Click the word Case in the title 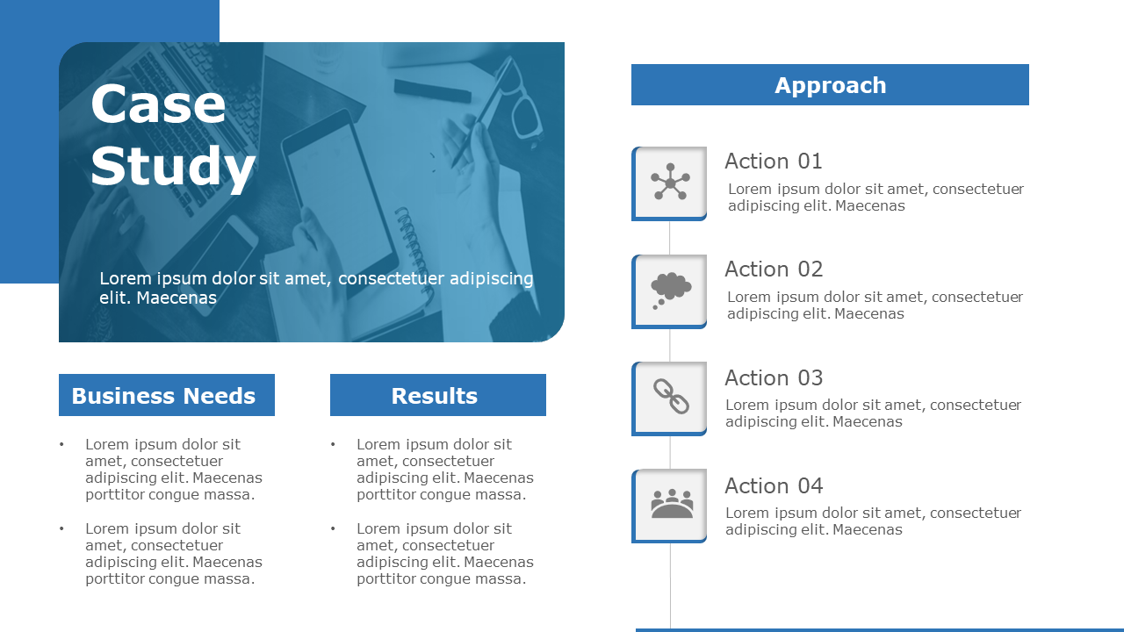(158, 104)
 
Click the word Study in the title (173, 166)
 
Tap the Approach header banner (830, 85)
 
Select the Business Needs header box (166, 396)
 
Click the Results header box (437, 396)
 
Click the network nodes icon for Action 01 (670, 183)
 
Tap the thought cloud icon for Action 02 (670, 290)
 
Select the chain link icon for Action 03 (671, 397)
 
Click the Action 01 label (773, 162)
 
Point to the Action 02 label (773, 269)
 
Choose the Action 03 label (773, 378)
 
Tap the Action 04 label (773, 486)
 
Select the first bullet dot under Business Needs (61, 445)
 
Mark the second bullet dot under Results (333, 529)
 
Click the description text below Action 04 (873, 521)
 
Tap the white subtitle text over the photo (316, 288)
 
